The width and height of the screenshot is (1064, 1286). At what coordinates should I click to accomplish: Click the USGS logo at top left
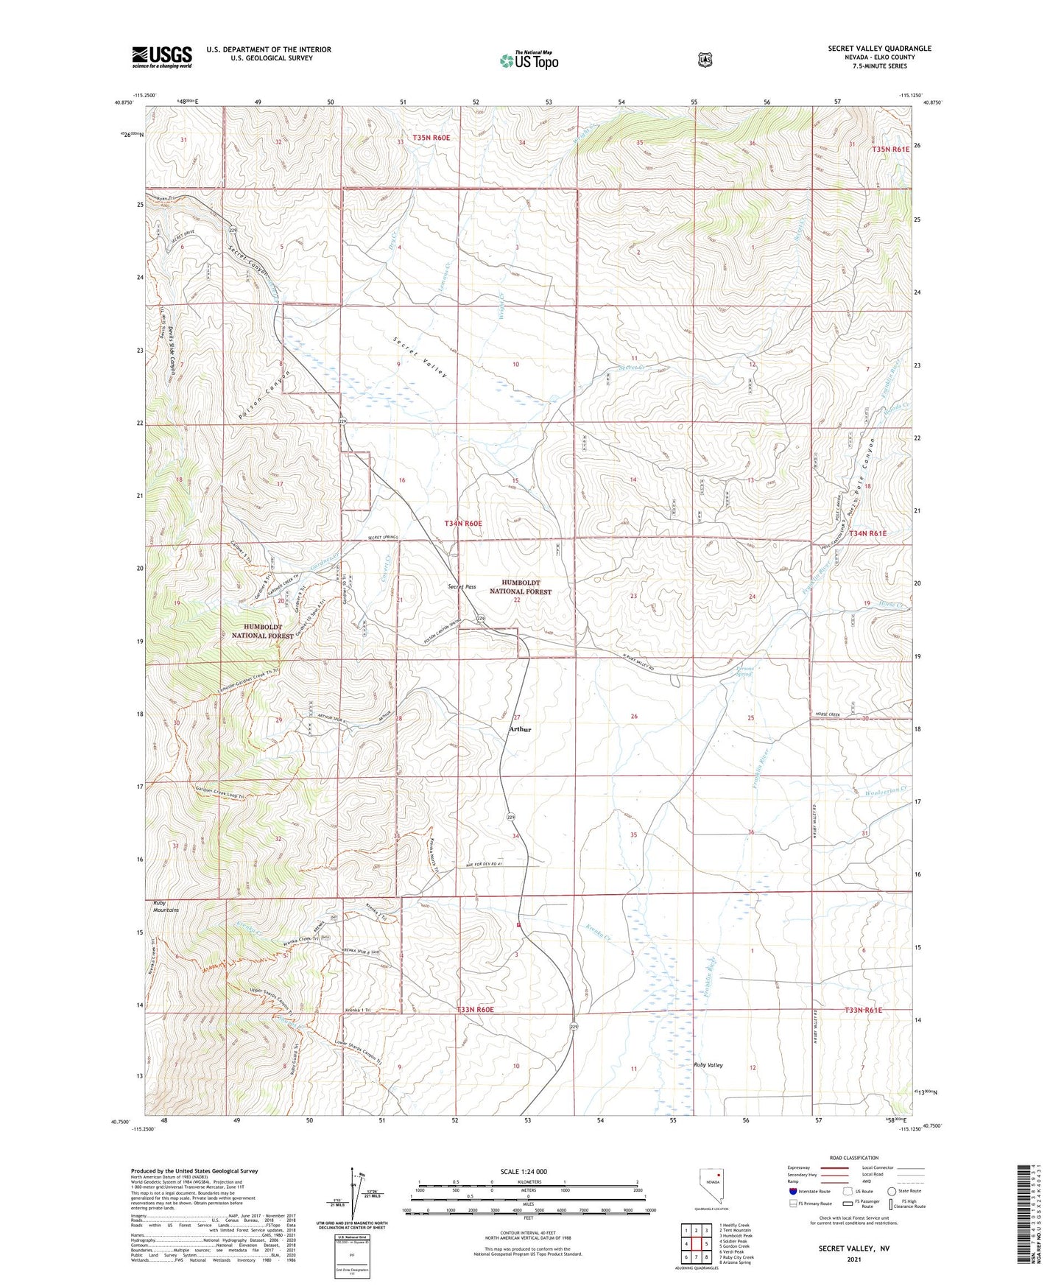coord(161,57)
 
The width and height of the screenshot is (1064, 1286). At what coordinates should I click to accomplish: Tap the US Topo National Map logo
coord(529,60)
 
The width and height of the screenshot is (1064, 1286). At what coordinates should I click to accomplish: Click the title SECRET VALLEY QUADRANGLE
coord(879,49)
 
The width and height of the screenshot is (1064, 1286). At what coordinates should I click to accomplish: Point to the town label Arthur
coord(520,729)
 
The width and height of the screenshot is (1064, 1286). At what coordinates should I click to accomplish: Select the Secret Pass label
coord(462,587)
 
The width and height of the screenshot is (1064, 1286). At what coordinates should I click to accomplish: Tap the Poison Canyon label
coord(265,396)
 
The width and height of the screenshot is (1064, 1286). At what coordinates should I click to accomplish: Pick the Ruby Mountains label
coord(166,906)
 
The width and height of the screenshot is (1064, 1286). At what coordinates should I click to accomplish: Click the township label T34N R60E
coord(463,523)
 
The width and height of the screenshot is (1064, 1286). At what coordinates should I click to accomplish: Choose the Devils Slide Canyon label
coord(172,350)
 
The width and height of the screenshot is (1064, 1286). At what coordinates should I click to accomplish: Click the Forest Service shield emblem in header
coord(705,59)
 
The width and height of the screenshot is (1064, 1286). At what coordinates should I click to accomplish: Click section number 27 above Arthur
coord(517,717)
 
